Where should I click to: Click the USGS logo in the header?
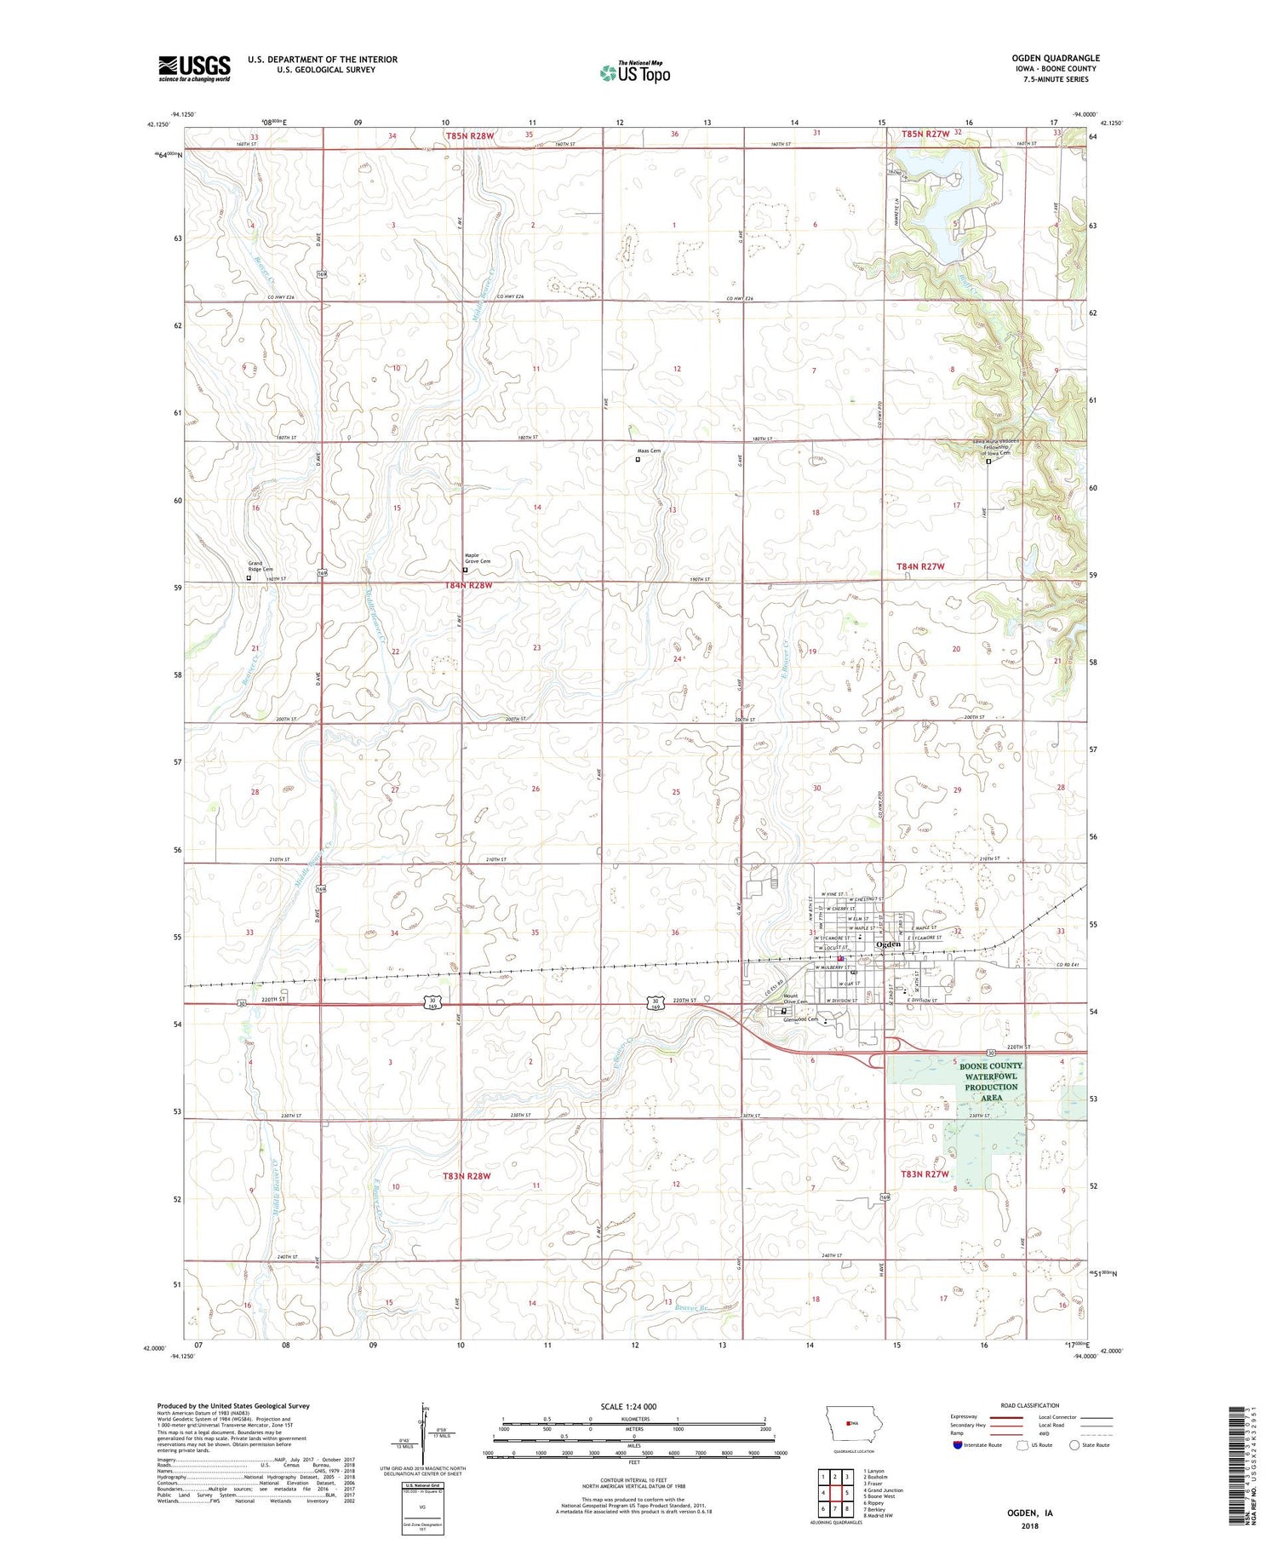tap(194, 68)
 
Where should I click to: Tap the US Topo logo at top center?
tap(634, 72)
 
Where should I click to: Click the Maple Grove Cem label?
tap(477, 558)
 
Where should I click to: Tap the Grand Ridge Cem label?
tap(261, 565)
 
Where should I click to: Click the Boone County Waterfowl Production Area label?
tap(991, 1082)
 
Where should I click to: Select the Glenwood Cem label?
tap(800, 1019)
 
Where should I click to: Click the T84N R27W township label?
tap(920, 566)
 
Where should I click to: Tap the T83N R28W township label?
tap(467, 1176)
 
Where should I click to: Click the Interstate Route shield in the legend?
tap(958, 1445)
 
